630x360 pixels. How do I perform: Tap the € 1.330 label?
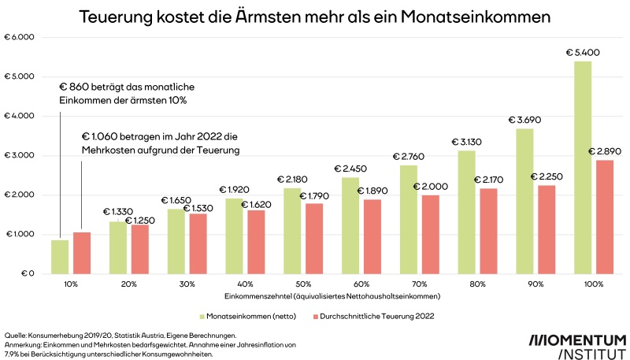[x=117, y=211]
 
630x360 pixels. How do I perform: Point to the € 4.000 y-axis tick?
[x=24, y=116]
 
